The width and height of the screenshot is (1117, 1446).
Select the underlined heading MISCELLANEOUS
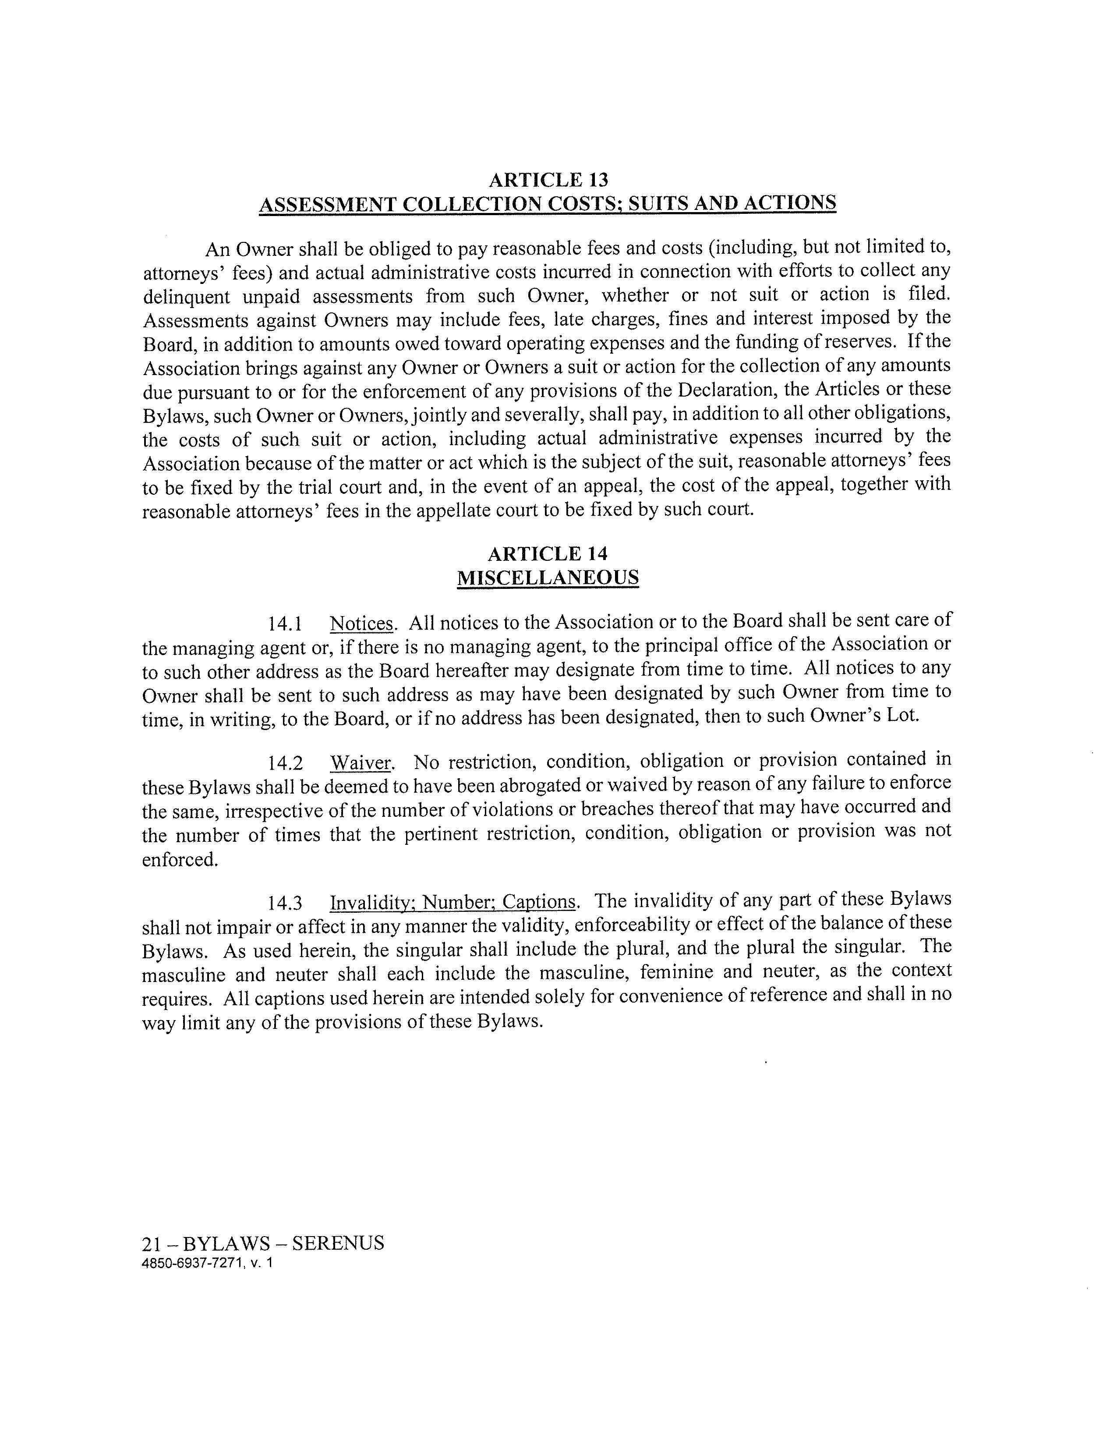[x=548, y=578]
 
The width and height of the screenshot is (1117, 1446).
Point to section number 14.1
[x=285, y=624]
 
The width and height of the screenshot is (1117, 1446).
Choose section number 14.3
[x=285, y=903]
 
